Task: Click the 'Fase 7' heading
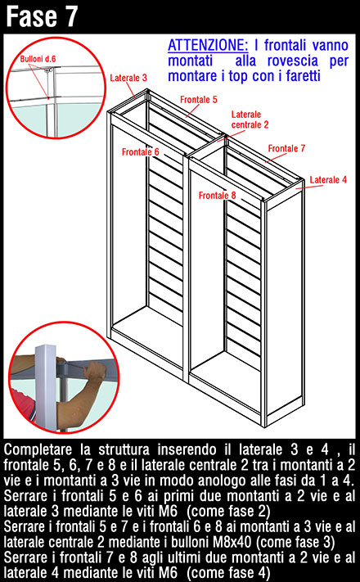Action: [42, 16]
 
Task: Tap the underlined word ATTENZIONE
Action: [208, 45]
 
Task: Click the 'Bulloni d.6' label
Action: [38, 59]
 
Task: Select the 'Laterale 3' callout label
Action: [128, 78]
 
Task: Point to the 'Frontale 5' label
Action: [199, 100]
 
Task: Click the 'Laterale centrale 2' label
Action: [250, 120]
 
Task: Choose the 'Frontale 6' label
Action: [140, 151]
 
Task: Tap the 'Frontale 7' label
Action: [286, 148]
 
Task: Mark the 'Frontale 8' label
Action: [217, 196]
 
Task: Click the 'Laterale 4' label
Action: [328, 179]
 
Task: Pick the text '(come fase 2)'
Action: [228, 512]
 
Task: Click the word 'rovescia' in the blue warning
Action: [293, 61]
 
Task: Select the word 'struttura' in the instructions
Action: [124, 450]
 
